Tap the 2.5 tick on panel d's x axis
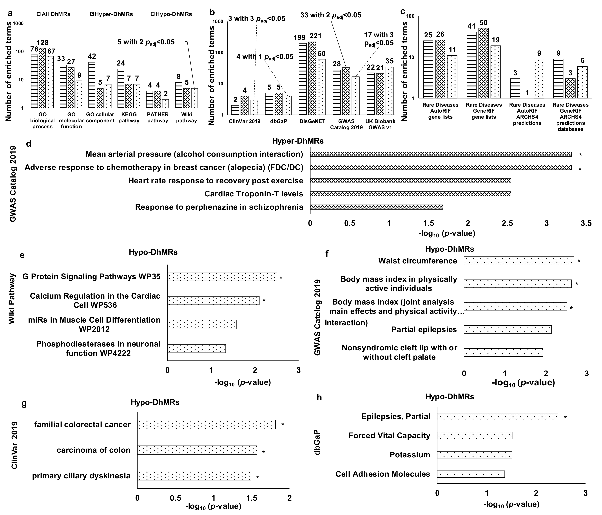(x=507, y=223)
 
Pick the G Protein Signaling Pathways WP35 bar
(x=222, y=277)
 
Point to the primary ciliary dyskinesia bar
(x=194, y=476)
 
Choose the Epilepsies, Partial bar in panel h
(x=497, y=416)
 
